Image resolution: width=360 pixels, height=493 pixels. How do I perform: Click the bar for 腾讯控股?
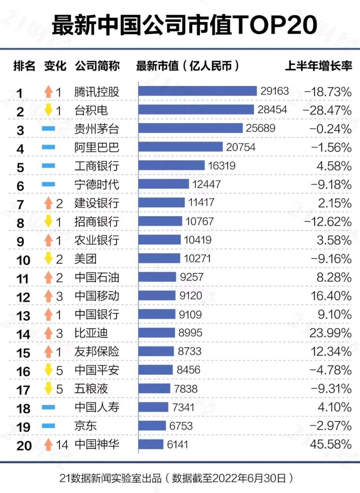[197, 91]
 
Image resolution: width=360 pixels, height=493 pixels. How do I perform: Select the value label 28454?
[273, 110]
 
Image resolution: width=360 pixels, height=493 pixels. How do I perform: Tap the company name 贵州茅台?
[96, 128]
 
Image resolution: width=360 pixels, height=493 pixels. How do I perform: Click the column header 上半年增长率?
[318, 66]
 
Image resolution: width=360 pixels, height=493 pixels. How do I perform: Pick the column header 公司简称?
[97, 66]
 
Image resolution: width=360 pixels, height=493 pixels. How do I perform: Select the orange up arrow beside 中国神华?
[48, 444]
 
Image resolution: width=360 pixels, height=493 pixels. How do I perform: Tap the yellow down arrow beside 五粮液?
[48, 389]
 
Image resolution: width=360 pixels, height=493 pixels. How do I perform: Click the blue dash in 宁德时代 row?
[48, 184]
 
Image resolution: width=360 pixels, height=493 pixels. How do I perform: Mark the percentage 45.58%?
[330, 444]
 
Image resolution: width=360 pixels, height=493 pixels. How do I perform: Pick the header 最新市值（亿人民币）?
[188, 66]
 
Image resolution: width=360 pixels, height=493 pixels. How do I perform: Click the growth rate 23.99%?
[330, 333]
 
